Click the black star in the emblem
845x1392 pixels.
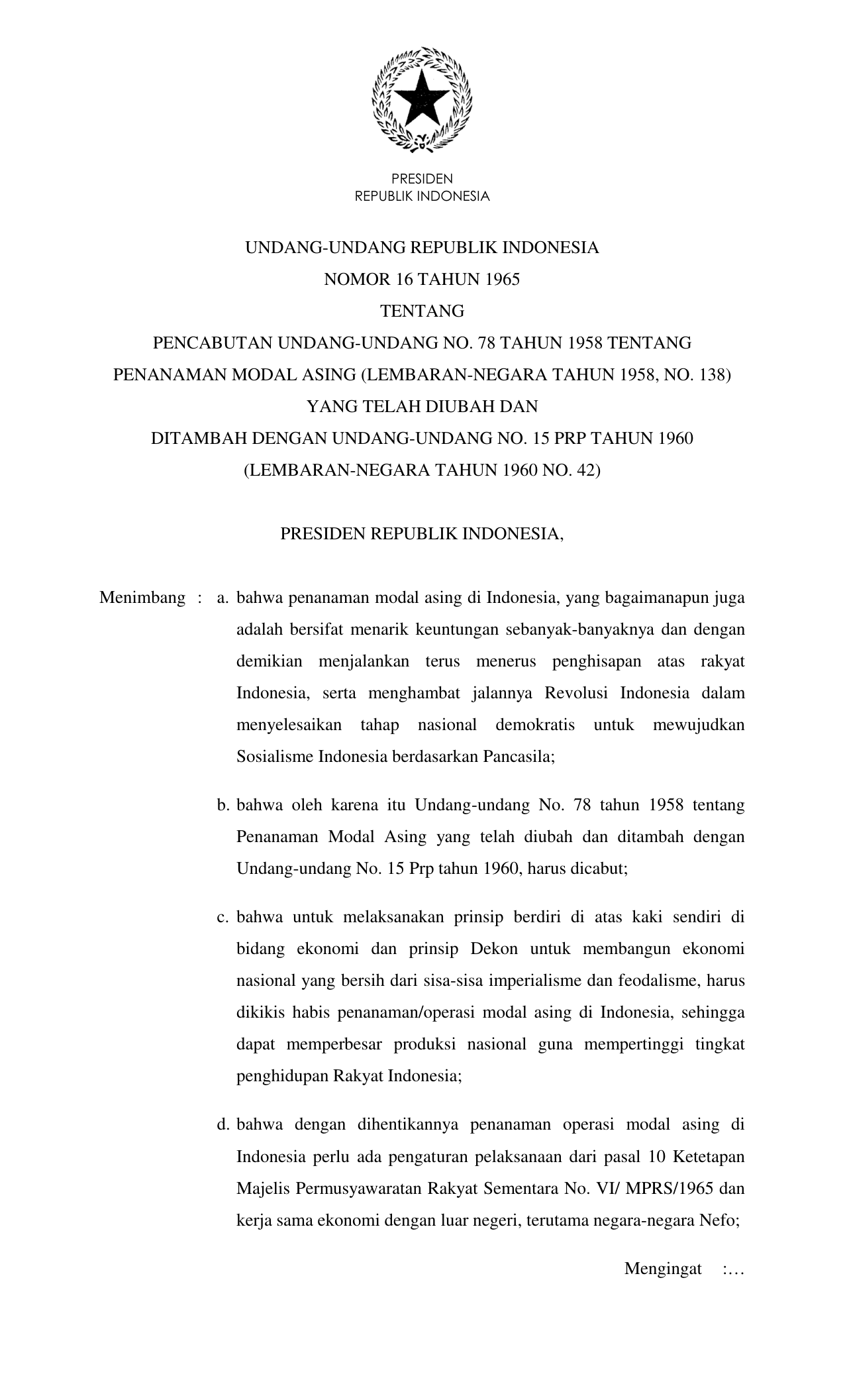(422, 99)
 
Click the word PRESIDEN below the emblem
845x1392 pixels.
(422, 179)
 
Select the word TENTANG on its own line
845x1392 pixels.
(422, 311)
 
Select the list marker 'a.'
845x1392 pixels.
(223, 598)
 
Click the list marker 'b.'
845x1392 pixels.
(223, 806)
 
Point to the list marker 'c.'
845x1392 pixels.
(223, 918)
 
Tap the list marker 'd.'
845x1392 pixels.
(223, 1125)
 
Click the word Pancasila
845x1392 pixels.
(517, 757)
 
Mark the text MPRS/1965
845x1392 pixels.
(669, 1189)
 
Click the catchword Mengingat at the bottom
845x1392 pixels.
(663, 1269)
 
